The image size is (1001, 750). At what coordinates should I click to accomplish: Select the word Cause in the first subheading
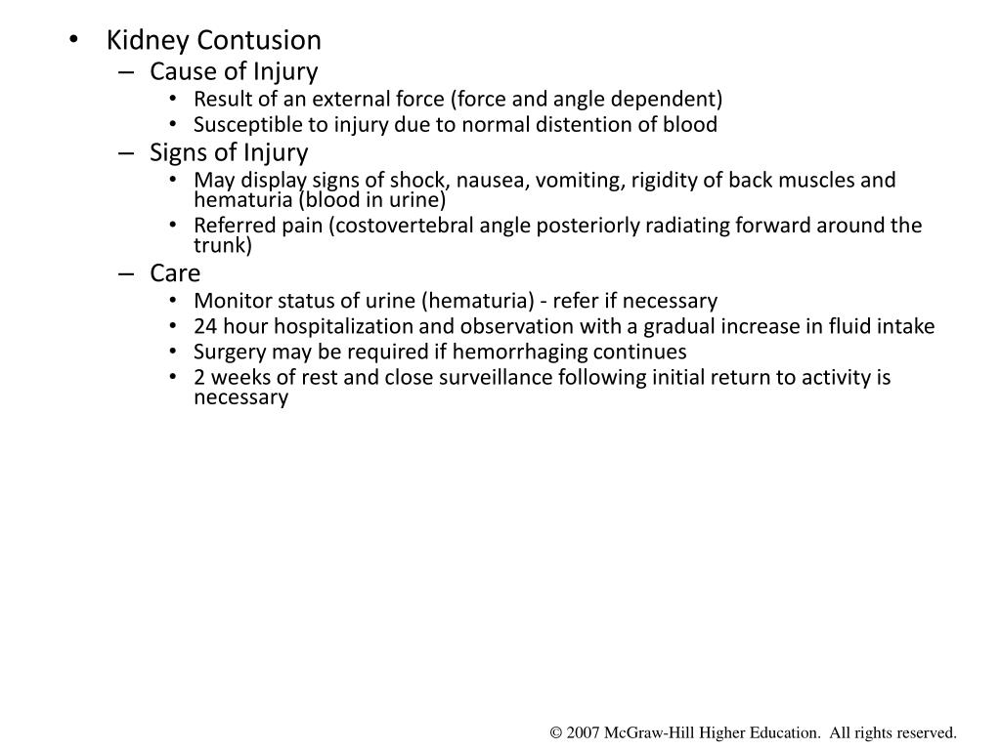[x=177, y=71]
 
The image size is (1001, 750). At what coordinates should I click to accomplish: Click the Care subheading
[x=175, y=273]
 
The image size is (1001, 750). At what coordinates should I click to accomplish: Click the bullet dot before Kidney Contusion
[x=75, y=42]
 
